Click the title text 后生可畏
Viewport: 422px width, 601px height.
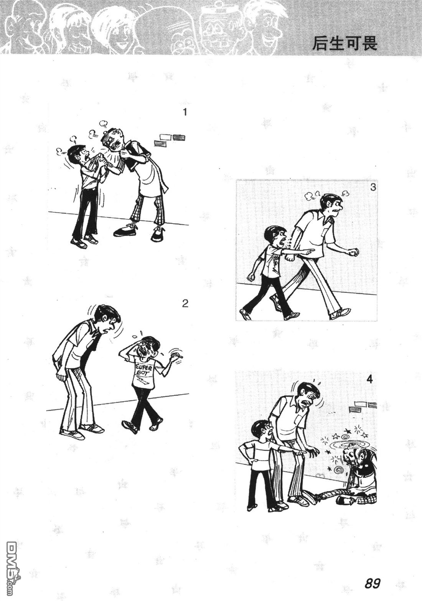345,43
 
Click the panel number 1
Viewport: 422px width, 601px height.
184,112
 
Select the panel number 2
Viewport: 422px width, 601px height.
185,304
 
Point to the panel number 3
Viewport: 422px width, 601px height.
373,187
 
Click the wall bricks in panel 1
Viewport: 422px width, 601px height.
170,140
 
